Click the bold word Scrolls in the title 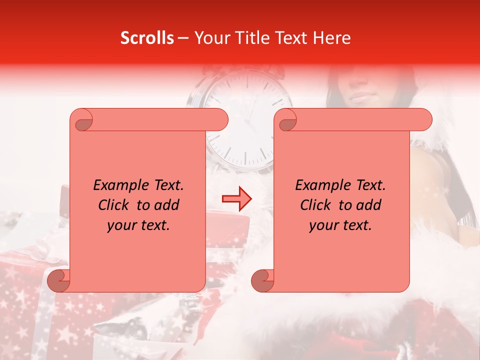pos(147,38)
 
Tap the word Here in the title pos(331,38)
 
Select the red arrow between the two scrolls pos(237,199)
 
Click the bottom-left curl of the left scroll pos(58,281)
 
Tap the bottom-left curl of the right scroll pos(262,281)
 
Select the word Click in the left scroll pos(114,205)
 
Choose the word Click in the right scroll pos(316,205)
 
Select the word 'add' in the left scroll pos(167,205)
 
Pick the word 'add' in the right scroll pos(369,205)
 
